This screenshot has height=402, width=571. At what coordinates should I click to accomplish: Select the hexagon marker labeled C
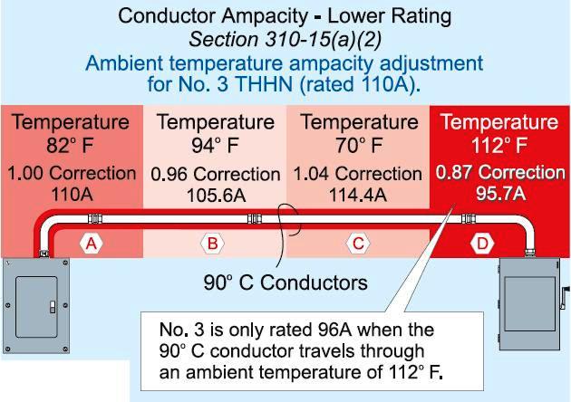358,243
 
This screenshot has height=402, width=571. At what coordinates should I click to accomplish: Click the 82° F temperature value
70,146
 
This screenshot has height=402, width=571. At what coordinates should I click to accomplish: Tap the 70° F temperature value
356,146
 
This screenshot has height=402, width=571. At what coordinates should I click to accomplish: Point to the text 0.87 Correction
499,172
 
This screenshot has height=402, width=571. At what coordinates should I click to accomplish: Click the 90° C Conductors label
285,282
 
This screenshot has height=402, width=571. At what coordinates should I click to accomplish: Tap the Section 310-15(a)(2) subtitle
285,41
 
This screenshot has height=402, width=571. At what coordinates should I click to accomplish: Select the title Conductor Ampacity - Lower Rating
285,16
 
